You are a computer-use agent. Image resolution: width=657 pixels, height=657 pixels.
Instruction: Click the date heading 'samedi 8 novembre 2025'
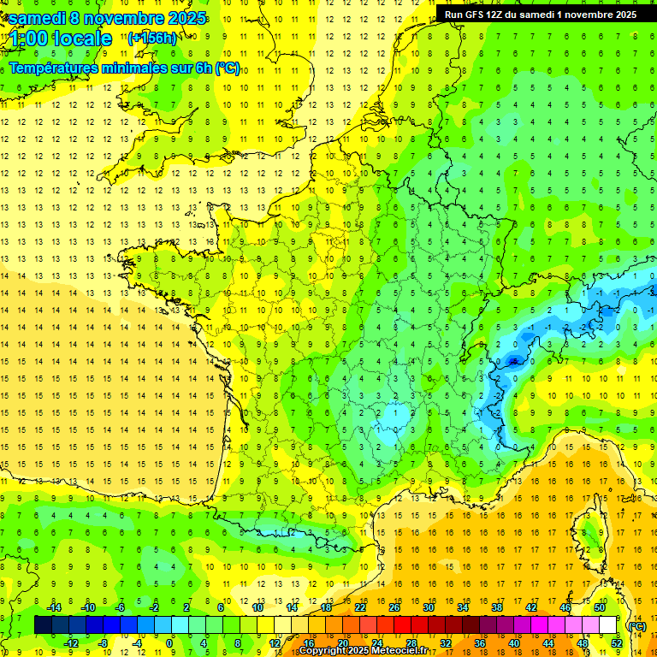coord(107,18)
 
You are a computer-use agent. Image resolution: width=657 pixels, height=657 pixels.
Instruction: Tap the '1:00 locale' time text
coord(59,38)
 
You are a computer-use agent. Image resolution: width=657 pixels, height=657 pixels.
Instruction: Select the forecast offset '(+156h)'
coord(151,38)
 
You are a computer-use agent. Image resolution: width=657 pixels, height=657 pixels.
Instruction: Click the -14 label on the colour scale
coord(54,608)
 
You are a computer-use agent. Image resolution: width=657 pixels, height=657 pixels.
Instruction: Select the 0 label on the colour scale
coord(170,643)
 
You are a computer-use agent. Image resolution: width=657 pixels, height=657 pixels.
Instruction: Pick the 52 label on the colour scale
coord(617,643)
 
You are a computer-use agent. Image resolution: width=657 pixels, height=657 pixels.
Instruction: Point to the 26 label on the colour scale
coord(394,608)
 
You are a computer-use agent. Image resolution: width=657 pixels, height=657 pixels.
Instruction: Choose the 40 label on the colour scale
coord(514,643)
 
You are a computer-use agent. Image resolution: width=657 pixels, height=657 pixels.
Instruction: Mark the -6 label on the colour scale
coord(121,608)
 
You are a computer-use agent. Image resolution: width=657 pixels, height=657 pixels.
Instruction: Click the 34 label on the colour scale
coord(463,608)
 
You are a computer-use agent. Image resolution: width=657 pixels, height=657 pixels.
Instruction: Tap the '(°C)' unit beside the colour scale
coord(636,626)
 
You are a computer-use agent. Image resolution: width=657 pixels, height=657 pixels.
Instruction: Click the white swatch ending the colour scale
coord(608,625)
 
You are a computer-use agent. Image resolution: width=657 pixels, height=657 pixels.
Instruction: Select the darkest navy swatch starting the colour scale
coord(43,625)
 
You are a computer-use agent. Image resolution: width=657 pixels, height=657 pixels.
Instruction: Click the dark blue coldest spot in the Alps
coord(513,361)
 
